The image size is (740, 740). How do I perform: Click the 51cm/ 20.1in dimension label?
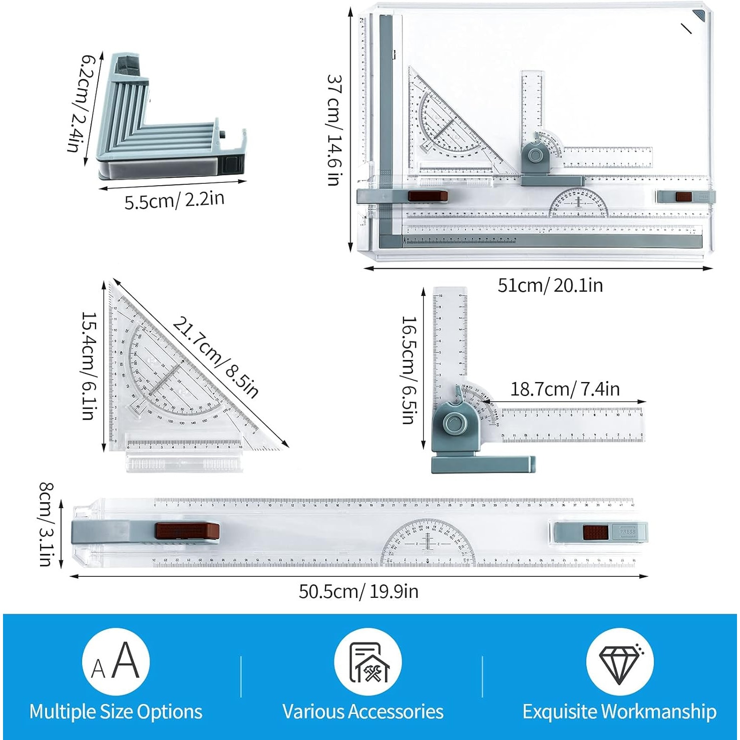click(550, 285)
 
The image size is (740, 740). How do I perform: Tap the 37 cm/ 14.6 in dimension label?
click(335, 130)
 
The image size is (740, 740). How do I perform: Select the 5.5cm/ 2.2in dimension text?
click(174, 200)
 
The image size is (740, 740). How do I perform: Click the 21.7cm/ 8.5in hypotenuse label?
click(216, 357)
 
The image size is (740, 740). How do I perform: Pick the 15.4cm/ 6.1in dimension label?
click(89, 366)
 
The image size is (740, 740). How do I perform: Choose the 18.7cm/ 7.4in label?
click(565, 389)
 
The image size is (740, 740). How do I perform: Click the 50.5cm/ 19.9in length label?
click(358, 591)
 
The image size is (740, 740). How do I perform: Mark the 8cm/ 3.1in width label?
click(46, 524)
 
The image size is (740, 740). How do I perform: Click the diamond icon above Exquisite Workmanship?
click(620, 662)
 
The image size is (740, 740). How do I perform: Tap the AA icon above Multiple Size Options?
click(116, 662)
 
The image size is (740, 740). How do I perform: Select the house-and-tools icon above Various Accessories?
click(368, 662)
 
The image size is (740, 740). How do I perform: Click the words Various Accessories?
click(362, 711)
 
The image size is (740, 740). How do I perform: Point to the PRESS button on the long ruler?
click(627, 532)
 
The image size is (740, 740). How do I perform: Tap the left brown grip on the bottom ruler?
click(187, 531)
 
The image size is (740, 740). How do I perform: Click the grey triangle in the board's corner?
click(699, 16)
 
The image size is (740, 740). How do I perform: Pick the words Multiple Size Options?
click(116, 711)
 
